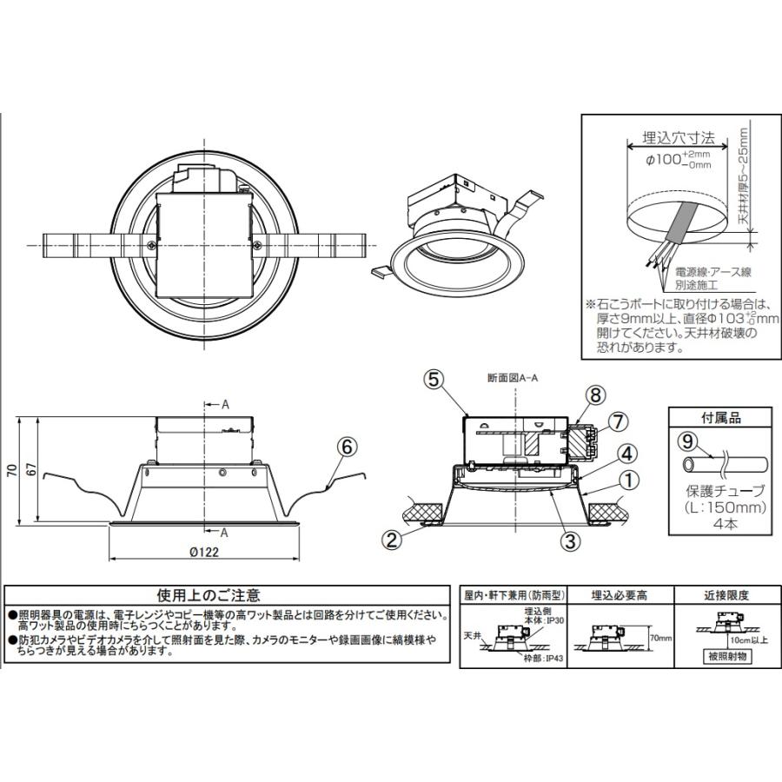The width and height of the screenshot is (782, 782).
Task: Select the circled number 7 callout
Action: (615, 422)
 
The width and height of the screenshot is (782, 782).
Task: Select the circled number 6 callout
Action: (345, 447)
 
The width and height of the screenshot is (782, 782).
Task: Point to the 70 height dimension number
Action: (12, 470)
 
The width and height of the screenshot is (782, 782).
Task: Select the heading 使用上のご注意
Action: (208, 595)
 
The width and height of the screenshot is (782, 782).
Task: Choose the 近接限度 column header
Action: (726, 595)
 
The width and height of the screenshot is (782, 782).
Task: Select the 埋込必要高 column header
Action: (618, 595)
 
